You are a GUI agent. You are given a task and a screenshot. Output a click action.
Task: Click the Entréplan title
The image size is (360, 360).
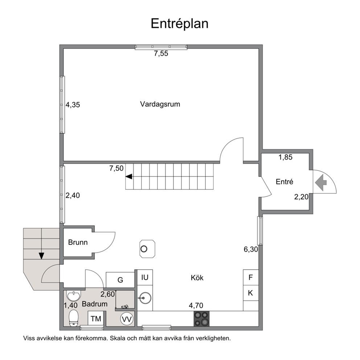(x=180, y=24)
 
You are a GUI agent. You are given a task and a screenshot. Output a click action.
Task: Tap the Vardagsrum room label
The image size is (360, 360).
(x=160, y=104)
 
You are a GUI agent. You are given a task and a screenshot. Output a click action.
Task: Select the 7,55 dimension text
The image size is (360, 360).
(x=161, y=53)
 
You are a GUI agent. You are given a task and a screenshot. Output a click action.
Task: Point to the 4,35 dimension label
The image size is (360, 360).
(x=73, y=105)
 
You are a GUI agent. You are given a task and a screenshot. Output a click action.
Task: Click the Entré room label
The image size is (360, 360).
(x=285, y=181)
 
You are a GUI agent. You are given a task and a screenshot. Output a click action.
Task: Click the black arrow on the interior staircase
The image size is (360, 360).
(x=129, y=177)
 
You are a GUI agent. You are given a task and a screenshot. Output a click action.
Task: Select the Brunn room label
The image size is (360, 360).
(x=78, y=242)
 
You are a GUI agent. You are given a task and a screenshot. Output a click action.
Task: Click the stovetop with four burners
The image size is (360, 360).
(x=202, y=319)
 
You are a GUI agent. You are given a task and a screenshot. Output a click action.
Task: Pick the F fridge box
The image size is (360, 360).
(x=251, y=277)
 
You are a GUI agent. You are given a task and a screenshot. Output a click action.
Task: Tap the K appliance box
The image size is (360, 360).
(x=251, y=293)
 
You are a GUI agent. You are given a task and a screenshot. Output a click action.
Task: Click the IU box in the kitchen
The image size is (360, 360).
(x=145, y=277)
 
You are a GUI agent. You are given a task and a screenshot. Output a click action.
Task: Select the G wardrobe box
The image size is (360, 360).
(x=120, y=280)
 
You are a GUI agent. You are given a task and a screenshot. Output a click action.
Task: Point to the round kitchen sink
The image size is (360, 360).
(x=145, y=298)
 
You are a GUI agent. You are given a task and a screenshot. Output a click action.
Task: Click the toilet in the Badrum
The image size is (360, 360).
(x=74, y=318)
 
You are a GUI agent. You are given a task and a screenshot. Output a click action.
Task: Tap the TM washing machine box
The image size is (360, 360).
(x=96, y=319)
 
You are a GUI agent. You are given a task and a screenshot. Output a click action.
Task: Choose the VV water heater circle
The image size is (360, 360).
(x=127, y=319)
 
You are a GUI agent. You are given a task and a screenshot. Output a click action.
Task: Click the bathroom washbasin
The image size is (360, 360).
(x=73, y=295)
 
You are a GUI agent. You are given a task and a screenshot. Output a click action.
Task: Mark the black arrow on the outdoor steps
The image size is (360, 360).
(x=41, y=256)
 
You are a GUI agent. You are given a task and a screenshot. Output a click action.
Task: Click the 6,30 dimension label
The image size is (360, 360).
(x=251, y=249)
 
